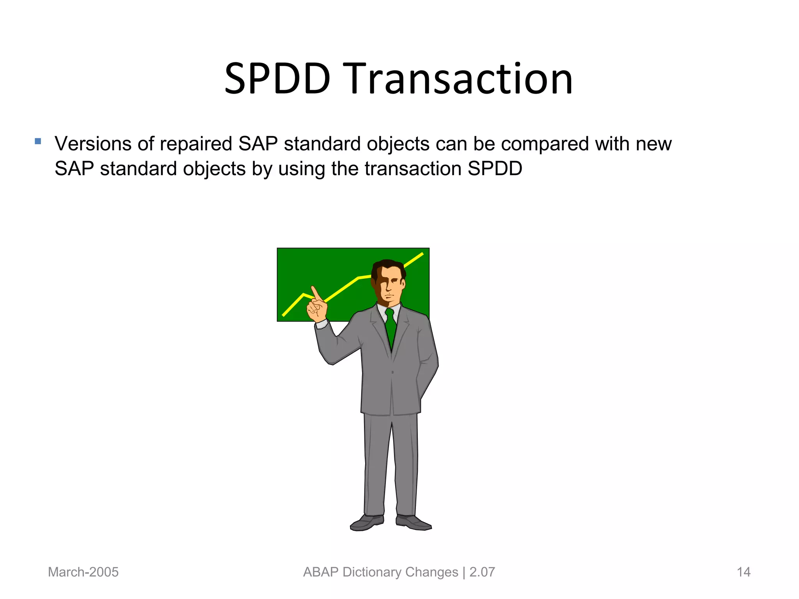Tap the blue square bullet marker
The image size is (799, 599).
pyautogui.click(x=38, y=141)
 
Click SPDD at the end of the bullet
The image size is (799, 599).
pyautogui.click(x=495, y=169)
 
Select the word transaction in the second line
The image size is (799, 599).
pyautogui.click(x=413, y=169)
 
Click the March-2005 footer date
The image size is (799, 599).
pyautogui.click(x=83, y=572)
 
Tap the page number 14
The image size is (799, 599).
pyautogui.click(x=743, y=572)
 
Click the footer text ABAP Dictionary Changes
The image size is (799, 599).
pyautogui.click(x=380, y=572)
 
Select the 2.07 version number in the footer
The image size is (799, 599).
pyautogui.click(x=482, y=572)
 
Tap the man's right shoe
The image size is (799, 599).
pyautogui.click(x=367, y=523)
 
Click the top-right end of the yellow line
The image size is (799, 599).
pyautogui.click(x=422, y=254)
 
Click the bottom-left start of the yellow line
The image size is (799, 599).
pyautogui.click(x=284, y=315)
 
